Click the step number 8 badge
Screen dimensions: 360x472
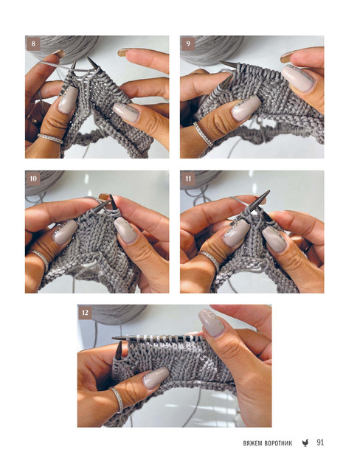(x=33, y=44)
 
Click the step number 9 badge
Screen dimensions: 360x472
(x=188, y=44)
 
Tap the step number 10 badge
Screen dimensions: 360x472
(x=33, y=178)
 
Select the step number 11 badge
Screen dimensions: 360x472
(x=188, y=178)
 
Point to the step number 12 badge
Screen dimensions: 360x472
(x=85, y=313)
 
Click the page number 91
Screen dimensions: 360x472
(x=320, y=442)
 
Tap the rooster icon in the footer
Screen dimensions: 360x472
(x=305, y=442)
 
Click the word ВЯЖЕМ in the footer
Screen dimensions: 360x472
(x=252, y=443)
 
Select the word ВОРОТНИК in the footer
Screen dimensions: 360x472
(x=278, y=443)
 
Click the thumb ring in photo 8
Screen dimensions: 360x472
(x=50, y=139)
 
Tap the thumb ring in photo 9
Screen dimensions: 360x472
(x=203, y=134)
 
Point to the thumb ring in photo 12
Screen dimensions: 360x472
(x=118, y=400)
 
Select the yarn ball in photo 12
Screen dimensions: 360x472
(x=119, y=313)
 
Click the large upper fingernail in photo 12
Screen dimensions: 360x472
(x=211, y=323)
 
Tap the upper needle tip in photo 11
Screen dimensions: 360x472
(x=268, y=191)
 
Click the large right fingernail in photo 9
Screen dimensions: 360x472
(x=298, y=78)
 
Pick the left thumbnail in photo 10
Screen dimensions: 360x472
(x=65, y=232)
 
